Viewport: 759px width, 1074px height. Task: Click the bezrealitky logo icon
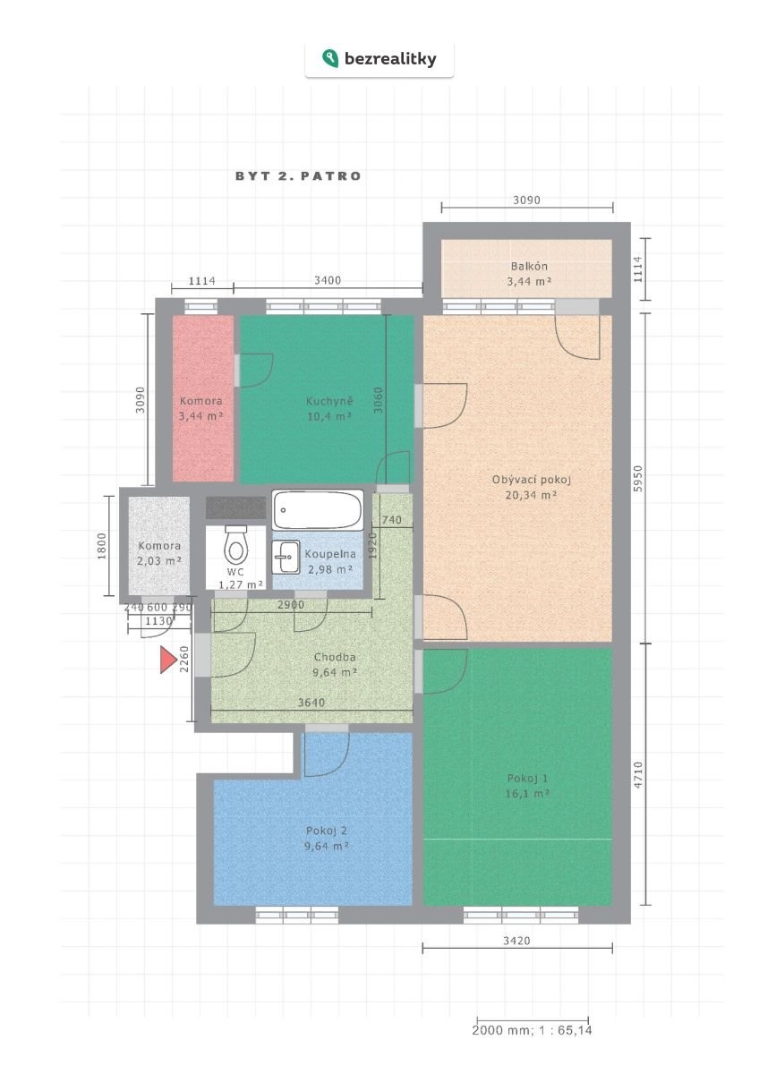tap(330, 58)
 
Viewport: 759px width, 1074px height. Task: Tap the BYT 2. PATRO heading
tap(298, 176)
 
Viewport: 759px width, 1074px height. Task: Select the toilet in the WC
tap(235, 545)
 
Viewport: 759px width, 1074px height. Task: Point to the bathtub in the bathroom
tap(318, 509)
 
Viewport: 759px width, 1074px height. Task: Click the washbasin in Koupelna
tap(286, 557)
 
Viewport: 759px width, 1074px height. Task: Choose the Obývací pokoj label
tap(532, 487)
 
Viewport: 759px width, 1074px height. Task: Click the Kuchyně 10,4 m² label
tap(329, 408)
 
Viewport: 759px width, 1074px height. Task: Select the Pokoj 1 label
tap(527, 786)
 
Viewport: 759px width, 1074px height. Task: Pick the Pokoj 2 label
tap(326, 839)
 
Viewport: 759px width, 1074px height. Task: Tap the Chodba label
tap(335, 664)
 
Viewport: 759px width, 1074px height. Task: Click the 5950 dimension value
tap(637, 478)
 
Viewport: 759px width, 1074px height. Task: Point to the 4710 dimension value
tap(637, 775)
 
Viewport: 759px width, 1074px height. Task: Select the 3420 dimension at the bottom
tap(516, 941)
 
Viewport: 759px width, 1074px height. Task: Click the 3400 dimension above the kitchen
tap(328, 280)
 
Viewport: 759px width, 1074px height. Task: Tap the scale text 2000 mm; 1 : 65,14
tap(533, 1030)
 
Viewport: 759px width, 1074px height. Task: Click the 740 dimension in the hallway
tap(392, 520)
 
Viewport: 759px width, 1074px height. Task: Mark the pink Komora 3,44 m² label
tap(200, 408)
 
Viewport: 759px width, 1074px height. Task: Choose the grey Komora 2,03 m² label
tap(159, 553)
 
